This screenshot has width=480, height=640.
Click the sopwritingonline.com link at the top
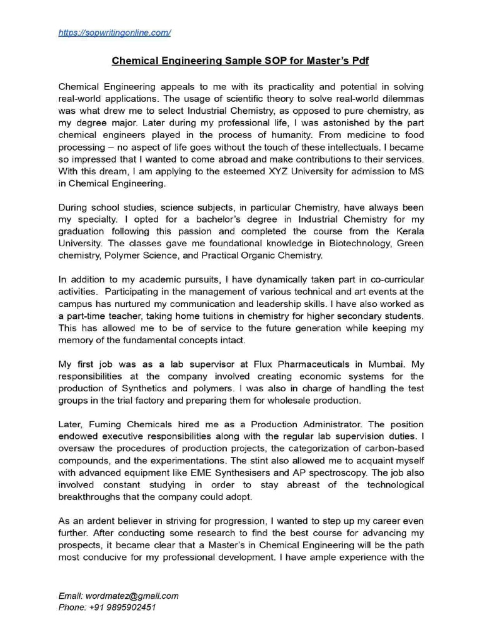point(114,32)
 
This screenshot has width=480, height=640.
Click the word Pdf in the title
point(361,61)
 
